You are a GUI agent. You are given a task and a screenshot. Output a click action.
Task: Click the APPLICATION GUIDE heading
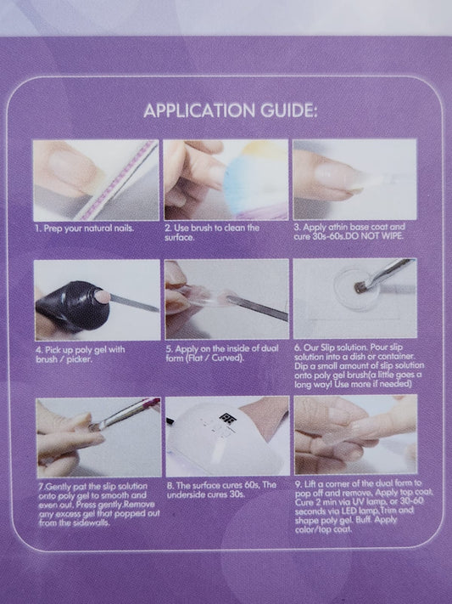230,111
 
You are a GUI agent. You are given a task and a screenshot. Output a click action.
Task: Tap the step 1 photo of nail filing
96,180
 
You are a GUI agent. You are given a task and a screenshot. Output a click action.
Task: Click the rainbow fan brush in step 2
254,181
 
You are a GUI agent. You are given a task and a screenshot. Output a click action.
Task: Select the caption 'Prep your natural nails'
88,229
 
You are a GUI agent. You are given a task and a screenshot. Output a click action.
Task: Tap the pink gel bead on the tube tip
103,296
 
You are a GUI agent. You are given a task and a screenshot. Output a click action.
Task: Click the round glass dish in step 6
356,289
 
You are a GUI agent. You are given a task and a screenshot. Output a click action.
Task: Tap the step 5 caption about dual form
222,353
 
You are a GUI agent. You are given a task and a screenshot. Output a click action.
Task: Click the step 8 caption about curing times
221,489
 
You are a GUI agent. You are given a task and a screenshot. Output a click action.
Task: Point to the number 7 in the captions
41,487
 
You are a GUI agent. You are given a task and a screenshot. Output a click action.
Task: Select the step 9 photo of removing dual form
356,434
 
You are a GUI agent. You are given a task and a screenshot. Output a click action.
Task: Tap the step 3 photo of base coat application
354,179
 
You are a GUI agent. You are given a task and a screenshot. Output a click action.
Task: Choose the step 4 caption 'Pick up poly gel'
79,350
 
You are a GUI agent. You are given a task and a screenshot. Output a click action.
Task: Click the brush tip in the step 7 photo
95,426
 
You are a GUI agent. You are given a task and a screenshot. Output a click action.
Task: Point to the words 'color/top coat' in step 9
323,529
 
